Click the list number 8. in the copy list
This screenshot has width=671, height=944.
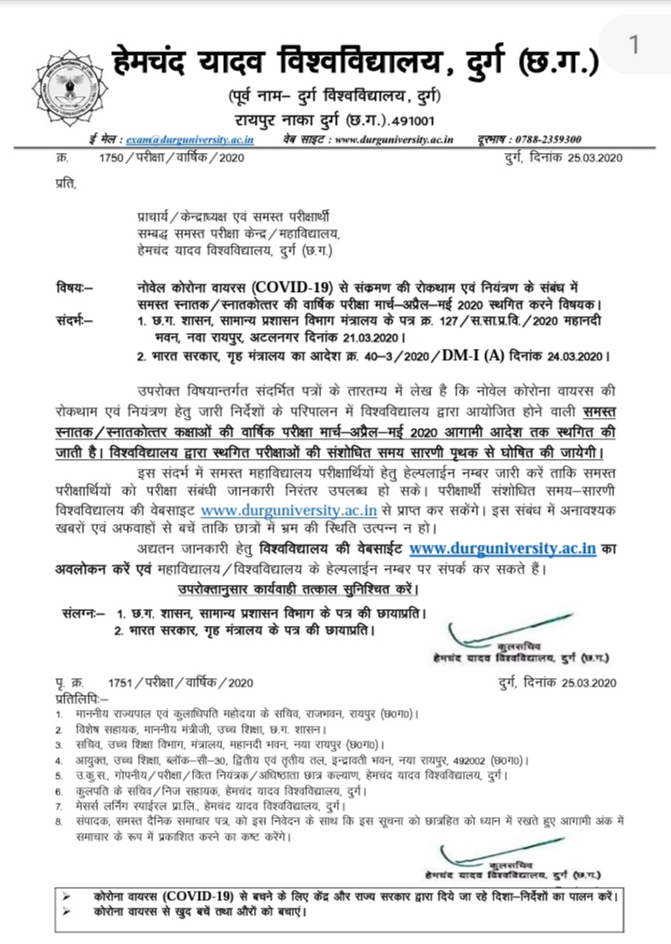pos(61,820)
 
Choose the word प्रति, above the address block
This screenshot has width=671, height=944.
pos(63,184)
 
